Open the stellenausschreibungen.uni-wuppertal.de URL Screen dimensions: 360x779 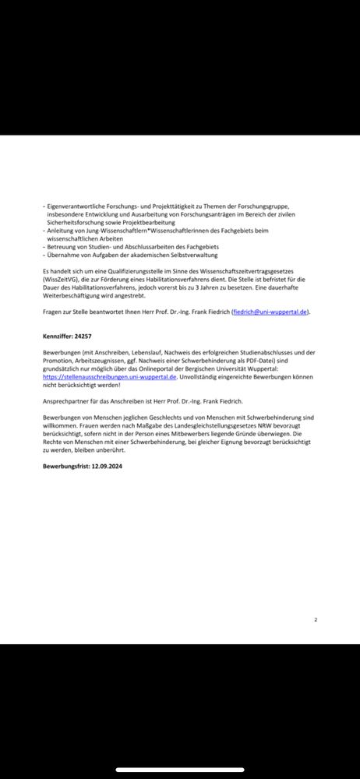pos(111,375)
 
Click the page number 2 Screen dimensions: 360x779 pos(316,620)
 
